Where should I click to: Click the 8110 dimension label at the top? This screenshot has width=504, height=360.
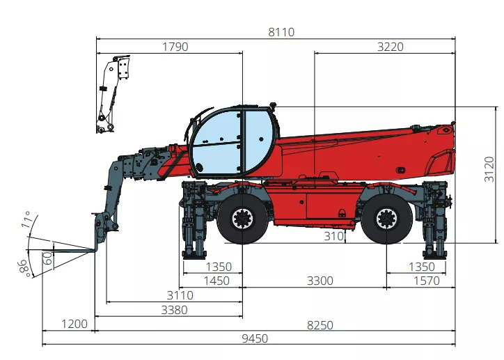(x=281, y=32)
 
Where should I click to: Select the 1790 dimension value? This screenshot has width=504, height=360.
(x=175, y=47)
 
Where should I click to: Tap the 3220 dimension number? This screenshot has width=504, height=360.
(x=391, y=47)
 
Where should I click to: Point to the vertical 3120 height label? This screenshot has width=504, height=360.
(x=489, y=169)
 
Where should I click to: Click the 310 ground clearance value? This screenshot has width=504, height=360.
(x=334, y=236)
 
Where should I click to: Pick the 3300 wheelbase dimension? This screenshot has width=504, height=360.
(x=320, y=281)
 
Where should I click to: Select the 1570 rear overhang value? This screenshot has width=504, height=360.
(x=426, y=281)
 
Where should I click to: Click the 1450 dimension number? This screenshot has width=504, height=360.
(x=216, y=281)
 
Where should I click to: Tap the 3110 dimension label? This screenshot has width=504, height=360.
(x=180, y=295)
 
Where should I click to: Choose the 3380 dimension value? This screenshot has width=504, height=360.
(x=174, y=310)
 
